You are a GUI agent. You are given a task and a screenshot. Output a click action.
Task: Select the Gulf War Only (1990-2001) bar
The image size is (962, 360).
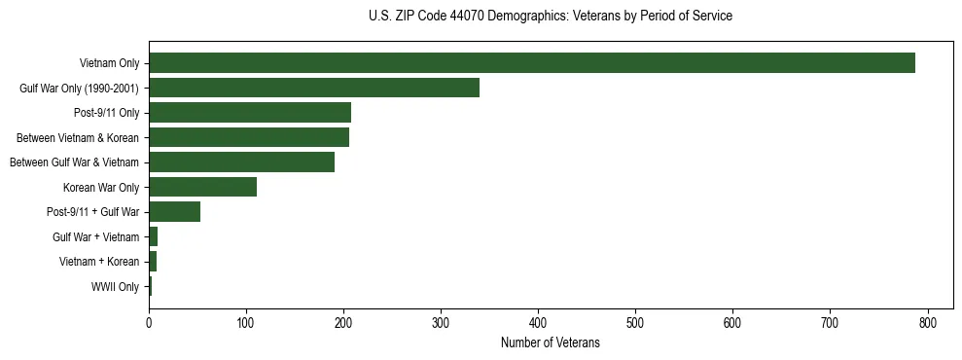click(x=314, y=89)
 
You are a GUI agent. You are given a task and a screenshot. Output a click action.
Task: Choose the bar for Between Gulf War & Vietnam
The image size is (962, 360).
click(x=241, y=162)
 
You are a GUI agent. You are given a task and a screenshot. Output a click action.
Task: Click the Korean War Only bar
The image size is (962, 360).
click(x=202, y=187)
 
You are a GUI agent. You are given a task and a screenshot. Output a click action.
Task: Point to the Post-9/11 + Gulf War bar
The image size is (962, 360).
click(x=174, y=212)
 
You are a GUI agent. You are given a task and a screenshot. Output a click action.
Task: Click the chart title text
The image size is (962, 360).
click(x=551, y=17)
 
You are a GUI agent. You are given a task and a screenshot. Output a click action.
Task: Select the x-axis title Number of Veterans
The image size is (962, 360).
click(x=551, y=343)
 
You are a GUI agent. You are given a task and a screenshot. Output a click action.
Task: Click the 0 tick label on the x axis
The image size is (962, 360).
click(x=149, y=323)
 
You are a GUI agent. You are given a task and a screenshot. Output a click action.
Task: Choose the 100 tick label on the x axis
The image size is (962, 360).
click(x=246, y=323)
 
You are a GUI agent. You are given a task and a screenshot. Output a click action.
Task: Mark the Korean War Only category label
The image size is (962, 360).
click(x=101, y=187)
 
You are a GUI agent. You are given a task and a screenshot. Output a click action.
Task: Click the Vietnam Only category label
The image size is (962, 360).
click(x=109, y=63)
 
